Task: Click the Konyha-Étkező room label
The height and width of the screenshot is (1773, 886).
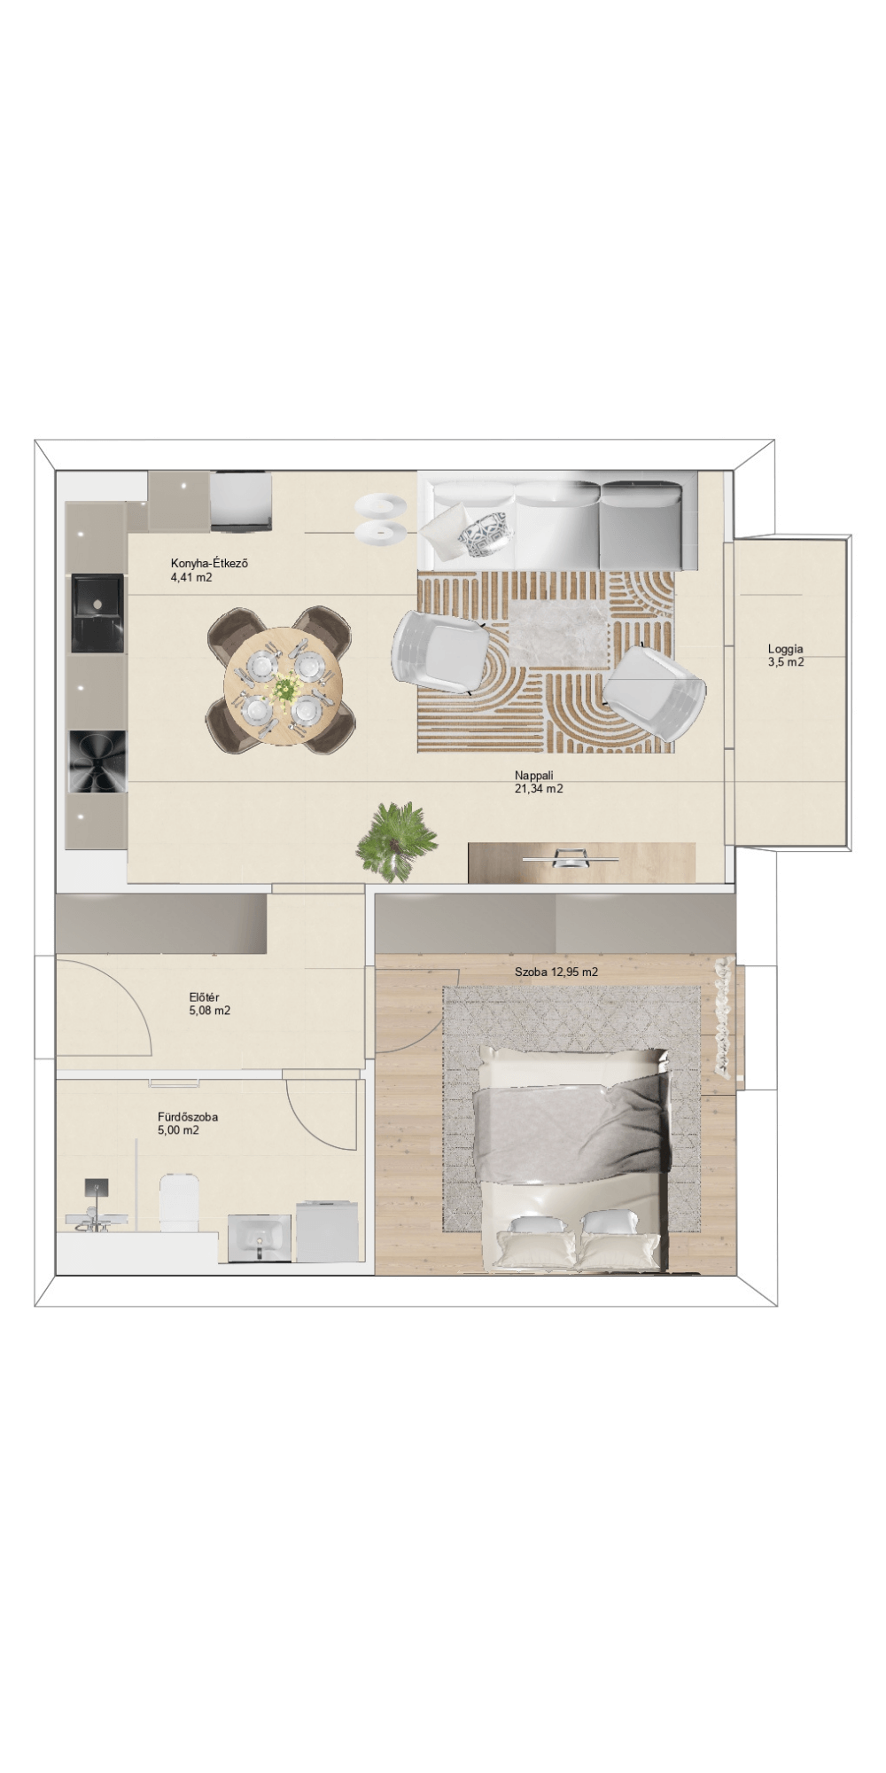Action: click(203, 563)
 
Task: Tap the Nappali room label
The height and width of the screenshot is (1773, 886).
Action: click(533, 775)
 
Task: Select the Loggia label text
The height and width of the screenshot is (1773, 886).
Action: click(785, 649)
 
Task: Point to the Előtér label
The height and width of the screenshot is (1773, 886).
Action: click(204, 997)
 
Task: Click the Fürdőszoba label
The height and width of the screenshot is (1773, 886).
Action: click(187, 1117)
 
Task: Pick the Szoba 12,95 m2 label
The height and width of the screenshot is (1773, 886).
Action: click(556, 972)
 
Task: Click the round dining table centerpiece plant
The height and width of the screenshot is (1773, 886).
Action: click(285, 688)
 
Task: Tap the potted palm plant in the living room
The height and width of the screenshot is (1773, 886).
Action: click(396, 842)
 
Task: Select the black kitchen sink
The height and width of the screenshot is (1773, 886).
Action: click(98, 613)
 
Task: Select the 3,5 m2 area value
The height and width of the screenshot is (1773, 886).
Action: click(786, 661)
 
